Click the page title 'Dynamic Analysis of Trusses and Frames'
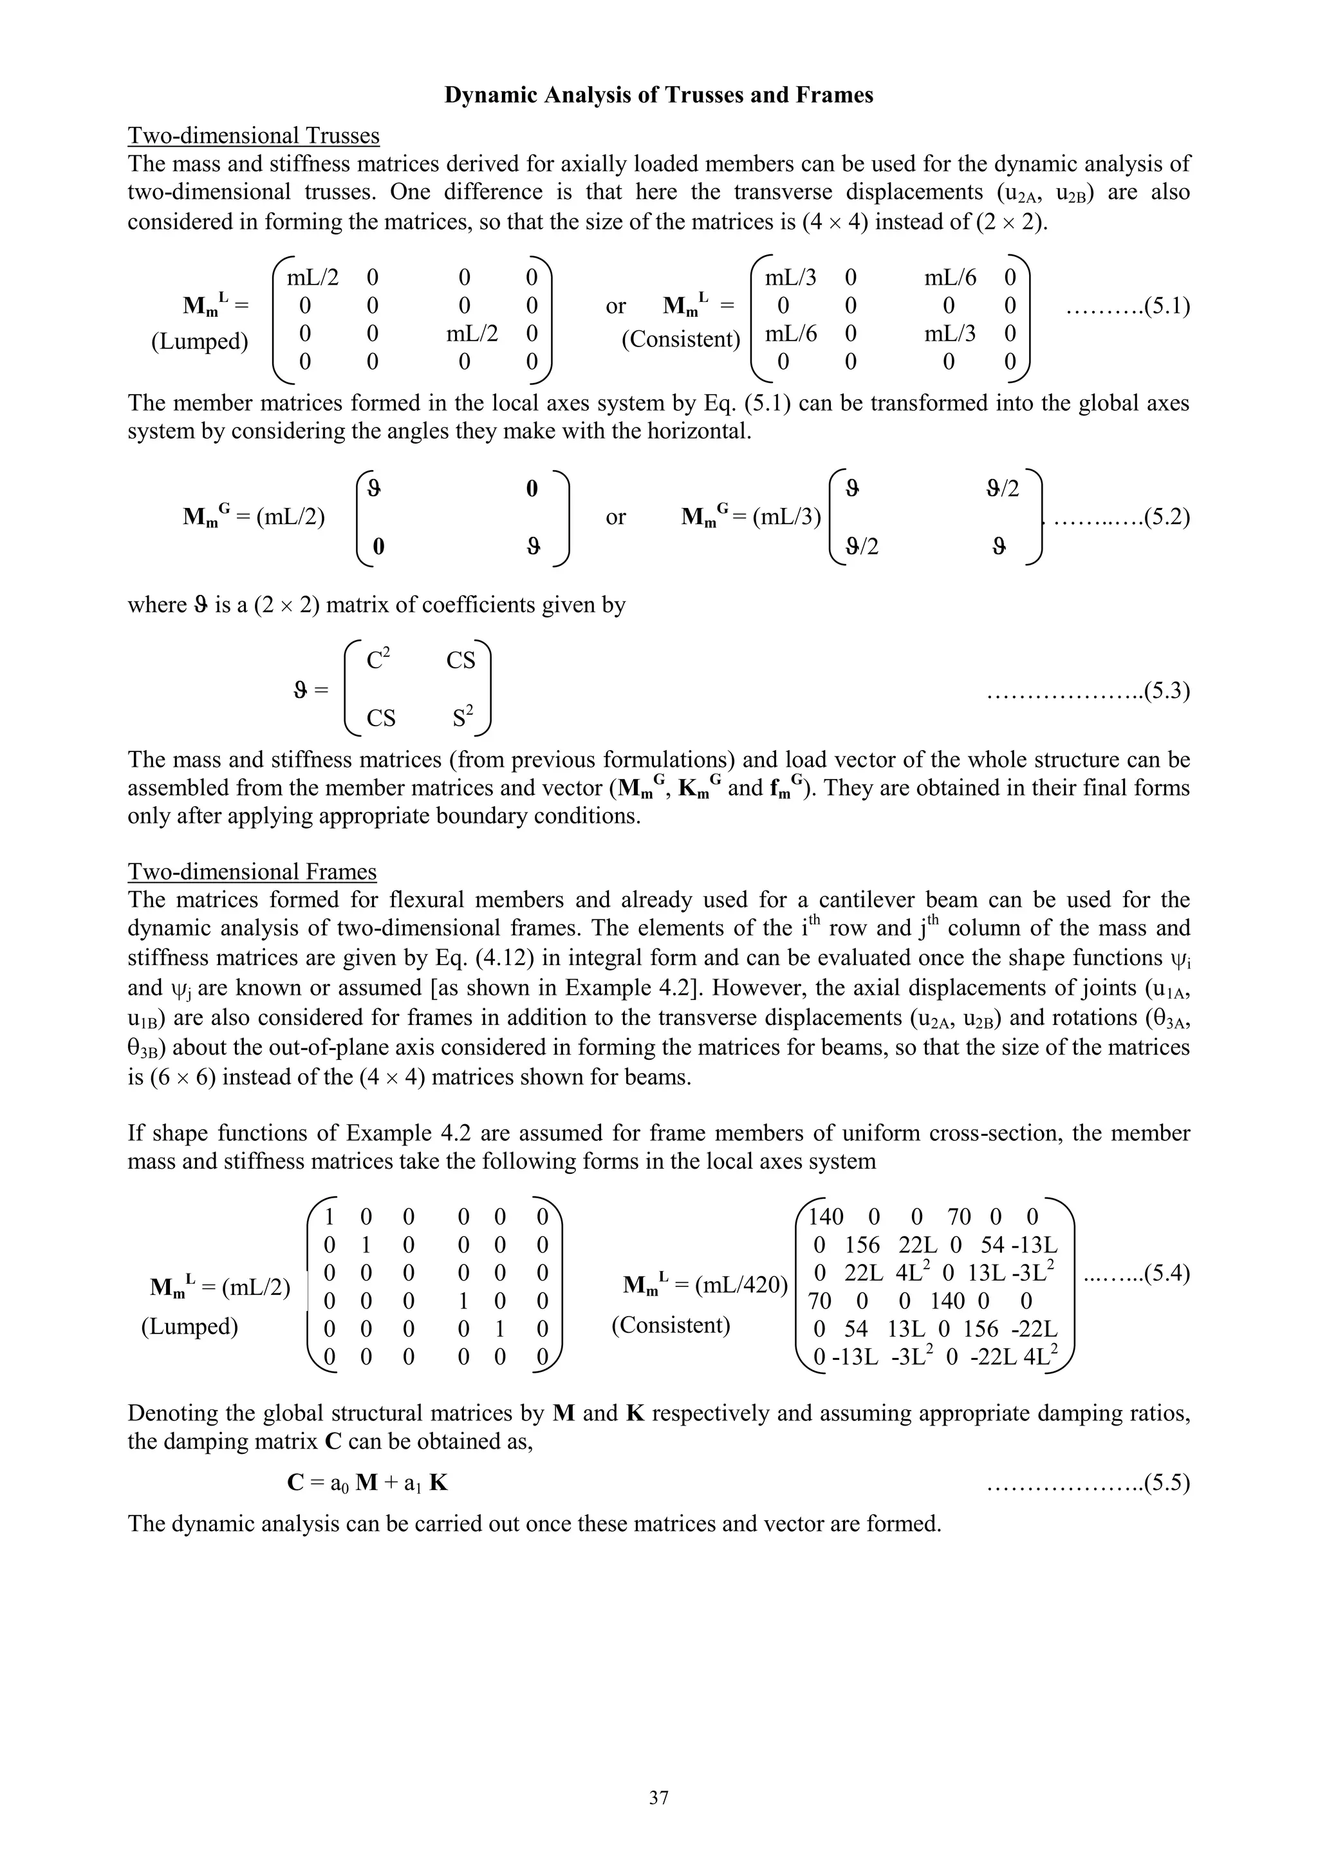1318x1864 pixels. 658,95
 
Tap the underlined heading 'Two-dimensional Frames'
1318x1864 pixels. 252,871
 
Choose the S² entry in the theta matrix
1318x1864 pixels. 463,718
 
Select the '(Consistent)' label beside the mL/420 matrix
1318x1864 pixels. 671,1325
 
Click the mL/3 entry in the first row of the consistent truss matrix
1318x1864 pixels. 790,278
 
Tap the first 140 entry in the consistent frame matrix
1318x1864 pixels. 826,1216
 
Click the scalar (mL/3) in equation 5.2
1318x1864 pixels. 786,517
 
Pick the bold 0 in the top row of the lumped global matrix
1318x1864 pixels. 532,488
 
